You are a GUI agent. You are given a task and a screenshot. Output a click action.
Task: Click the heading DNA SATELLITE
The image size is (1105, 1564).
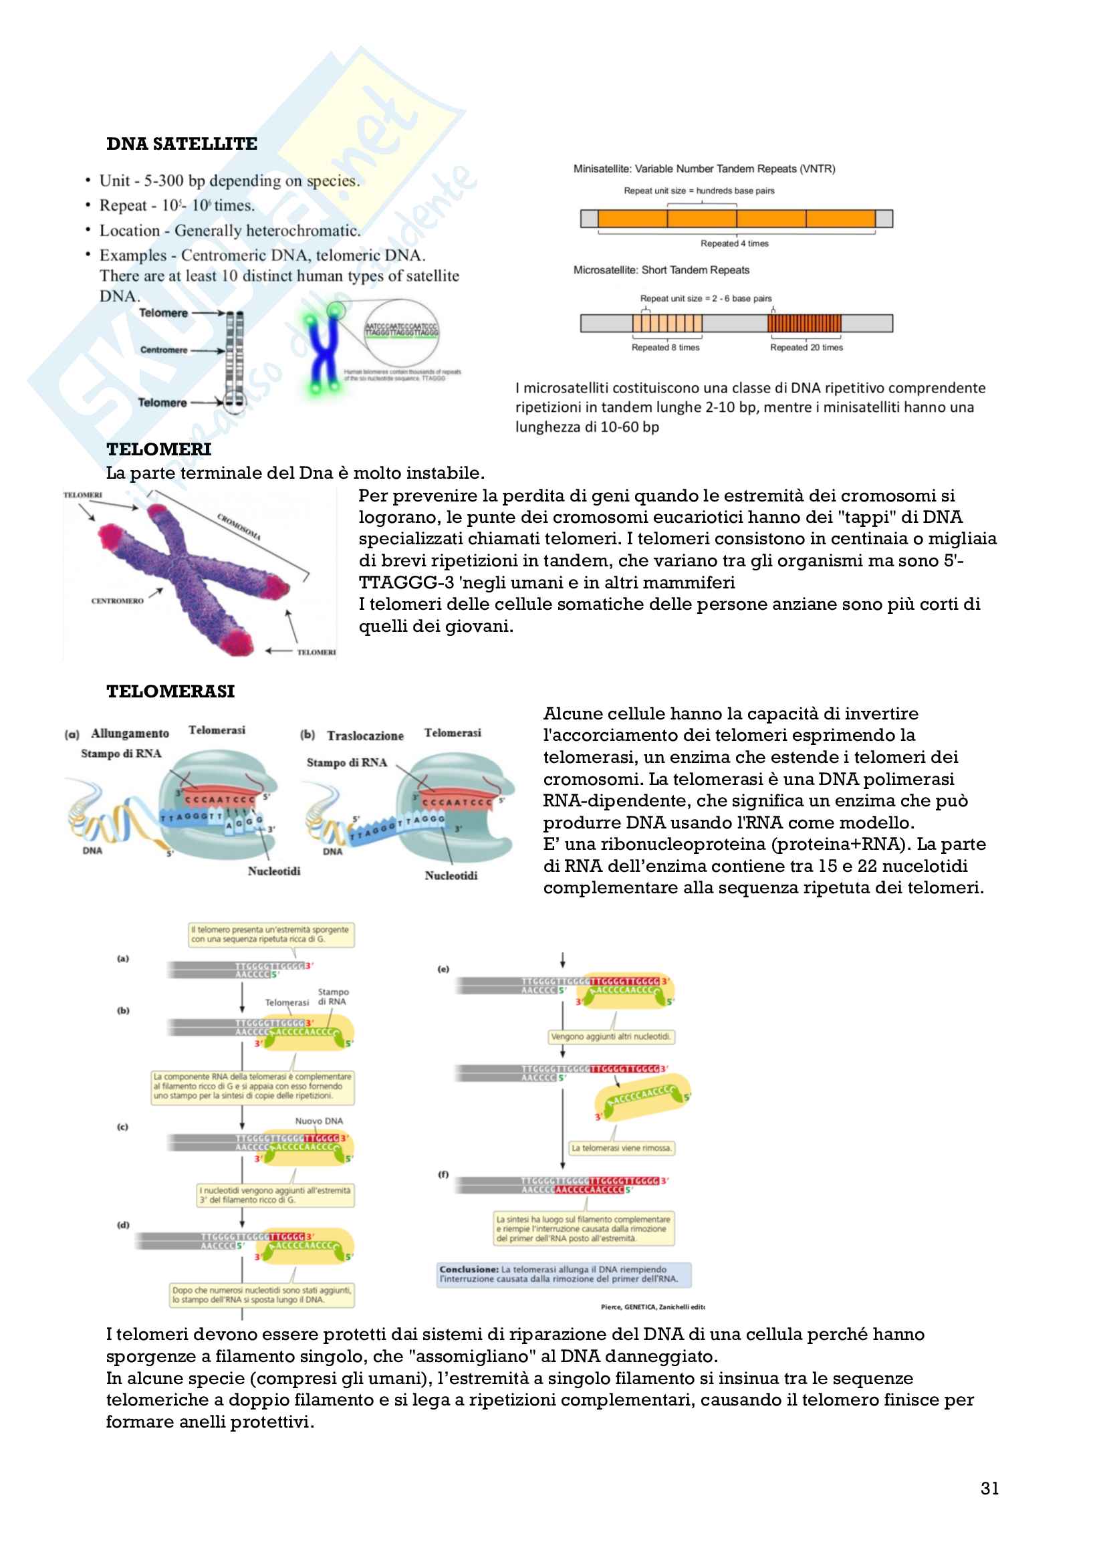click(x=182, y=144)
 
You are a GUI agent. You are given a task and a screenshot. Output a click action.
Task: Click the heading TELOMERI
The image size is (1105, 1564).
click(x=158, y=449)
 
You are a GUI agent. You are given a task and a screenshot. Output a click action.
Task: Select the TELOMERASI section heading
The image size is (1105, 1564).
click(x=170, y=691)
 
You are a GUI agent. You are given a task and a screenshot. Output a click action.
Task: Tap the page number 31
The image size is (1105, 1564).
click(x=989, y=1488)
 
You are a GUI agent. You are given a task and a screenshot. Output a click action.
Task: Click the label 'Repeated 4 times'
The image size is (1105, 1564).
click(x=734, y=243)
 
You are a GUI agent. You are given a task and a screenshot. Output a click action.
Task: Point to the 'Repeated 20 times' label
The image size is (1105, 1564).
click(x=806, y=348)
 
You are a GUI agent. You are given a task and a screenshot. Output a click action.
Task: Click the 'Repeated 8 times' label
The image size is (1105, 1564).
click(x=665, y=348)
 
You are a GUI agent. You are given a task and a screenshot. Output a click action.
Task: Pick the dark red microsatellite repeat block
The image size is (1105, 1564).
click(x=804, y=323)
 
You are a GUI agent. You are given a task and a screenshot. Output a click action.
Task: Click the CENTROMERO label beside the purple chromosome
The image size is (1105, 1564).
click(x=117, y=601)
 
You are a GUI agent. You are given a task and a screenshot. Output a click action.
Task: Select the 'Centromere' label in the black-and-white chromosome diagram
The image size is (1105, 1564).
click(x=163, y=350)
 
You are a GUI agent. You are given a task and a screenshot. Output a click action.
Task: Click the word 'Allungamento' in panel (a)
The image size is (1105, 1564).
click(x=130, y=734)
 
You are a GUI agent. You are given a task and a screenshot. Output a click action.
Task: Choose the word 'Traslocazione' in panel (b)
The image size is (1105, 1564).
click(x=365, y=736)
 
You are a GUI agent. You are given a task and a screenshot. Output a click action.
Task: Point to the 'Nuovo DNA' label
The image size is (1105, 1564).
click(x=319, y=1121)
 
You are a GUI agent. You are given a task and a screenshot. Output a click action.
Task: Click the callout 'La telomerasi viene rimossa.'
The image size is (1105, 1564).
click(x=621, y=1148)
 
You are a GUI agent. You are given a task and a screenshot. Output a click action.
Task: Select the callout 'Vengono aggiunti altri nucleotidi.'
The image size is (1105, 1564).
click(x=611, y=1037)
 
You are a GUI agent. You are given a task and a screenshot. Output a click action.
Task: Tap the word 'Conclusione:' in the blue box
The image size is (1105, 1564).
click(x=469, y=1269)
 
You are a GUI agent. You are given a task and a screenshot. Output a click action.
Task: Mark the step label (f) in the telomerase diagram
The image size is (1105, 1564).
click(x=443, y=1174)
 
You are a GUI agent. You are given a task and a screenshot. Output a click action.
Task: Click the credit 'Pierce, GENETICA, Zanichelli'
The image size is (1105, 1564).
click(x=652, y=1307)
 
